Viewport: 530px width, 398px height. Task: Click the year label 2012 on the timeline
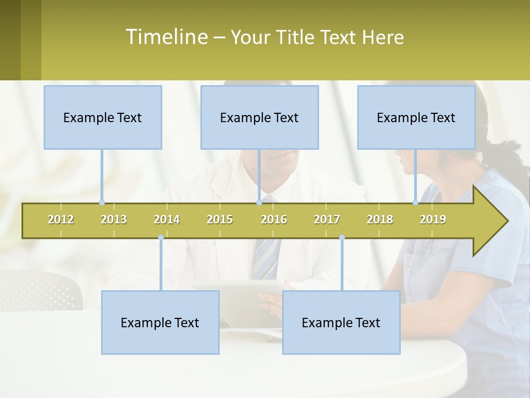[61, 219]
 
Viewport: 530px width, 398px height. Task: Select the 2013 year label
[114, 219]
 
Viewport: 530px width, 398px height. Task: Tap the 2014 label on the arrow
[167, 219]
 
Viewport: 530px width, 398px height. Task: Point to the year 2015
[220, 219]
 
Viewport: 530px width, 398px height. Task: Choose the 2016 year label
[274, 219]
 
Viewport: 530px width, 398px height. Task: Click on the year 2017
[327, 219]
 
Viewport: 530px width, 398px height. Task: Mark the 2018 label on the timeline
[380, 219]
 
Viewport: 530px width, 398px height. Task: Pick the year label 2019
[433, 219]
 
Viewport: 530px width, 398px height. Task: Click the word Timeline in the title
[166, 37]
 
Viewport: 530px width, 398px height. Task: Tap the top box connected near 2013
[103, 117]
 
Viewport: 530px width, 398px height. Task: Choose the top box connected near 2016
[259, 117]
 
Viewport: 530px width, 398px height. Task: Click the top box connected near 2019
[416, 117]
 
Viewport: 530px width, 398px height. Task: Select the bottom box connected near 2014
[160, 322]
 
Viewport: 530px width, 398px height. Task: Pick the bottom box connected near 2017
[341, 322]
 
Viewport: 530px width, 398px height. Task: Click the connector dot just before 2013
[102, 202]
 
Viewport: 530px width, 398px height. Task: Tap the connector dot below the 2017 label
[342, 238]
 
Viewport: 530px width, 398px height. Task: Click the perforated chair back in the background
[39, 290]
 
